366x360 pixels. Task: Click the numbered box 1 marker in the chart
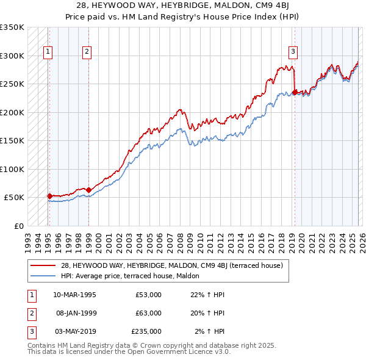tap(48, 52)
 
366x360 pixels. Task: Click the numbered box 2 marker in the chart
tap(87, 52)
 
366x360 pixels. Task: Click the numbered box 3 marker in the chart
tap(293, 52)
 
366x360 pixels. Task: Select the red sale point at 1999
tap(89, 190)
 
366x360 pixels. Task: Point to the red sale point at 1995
tap(49, 196)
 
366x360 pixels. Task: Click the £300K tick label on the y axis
tap(12, 56)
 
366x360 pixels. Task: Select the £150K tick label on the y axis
tap(12, 140)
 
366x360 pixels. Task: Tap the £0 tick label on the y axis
tap(18, 226)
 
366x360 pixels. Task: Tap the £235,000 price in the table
tap(146, 331)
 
